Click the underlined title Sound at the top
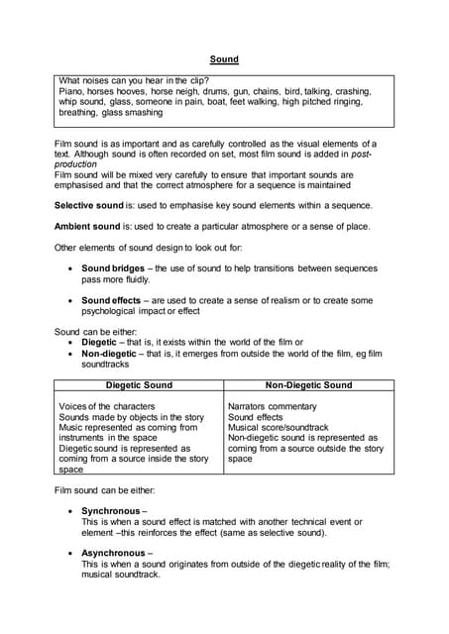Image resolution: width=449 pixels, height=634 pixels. (224, 59)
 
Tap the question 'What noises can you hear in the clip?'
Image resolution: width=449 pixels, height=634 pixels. (141, 80)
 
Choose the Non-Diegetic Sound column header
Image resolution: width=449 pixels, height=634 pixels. (308, 385)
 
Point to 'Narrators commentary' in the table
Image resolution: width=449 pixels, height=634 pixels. (273, 407)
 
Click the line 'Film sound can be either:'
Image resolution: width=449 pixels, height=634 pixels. (104, 490)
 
